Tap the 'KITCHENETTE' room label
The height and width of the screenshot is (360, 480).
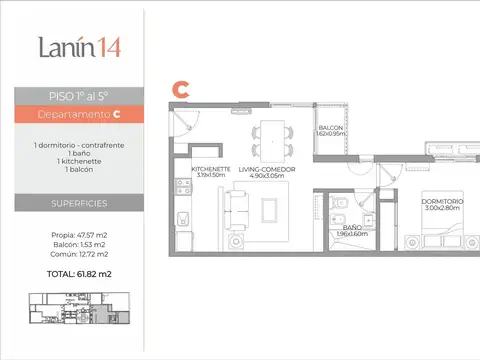coord(211,170)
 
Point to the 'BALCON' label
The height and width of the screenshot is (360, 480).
coord(332,129)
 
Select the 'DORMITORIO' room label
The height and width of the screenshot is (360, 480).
coord(440,202)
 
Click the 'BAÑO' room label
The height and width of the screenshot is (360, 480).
coord(352,228)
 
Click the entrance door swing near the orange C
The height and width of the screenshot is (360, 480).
coord(182,118)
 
